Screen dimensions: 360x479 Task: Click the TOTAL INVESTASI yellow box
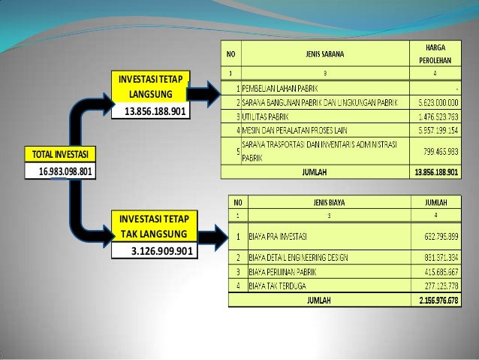59,155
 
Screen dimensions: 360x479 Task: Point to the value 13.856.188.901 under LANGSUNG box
156,112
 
